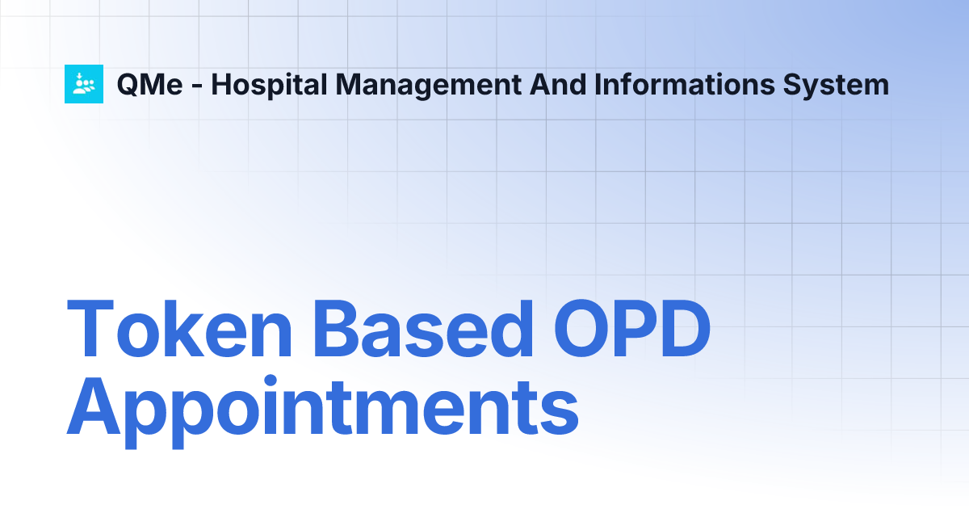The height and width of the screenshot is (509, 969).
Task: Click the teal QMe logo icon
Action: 84,83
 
